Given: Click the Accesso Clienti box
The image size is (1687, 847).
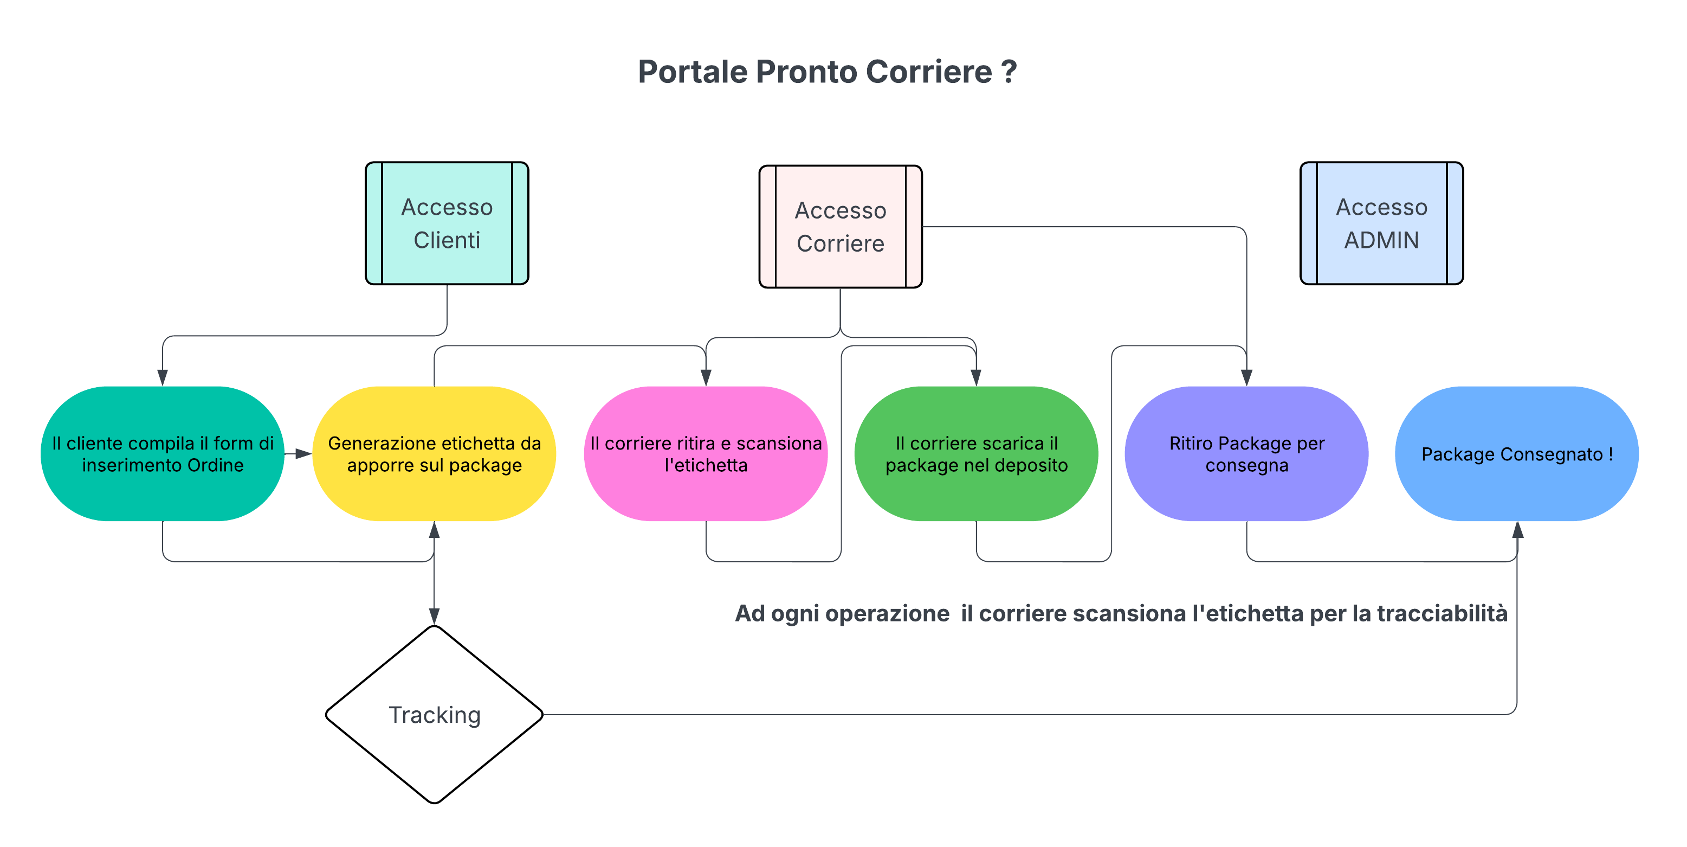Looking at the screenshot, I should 447,223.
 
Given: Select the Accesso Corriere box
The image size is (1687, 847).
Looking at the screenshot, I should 840,227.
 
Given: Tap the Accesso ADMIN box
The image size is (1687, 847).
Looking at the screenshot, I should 1381,223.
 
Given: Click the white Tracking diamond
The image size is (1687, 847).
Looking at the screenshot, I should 434,714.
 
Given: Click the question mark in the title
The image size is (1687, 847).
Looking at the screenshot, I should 1009,72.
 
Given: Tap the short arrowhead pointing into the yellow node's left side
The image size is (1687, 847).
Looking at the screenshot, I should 304,453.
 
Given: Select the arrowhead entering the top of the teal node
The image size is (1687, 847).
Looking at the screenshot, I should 163,377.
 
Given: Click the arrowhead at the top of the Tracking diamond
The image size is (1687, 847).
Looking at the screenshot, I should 434,616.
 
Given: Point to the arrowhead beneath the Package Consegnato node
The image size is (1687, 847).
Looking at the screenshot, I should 1517,530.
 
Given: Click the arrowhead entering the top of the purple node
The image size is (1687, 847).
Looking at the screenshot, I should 1246,377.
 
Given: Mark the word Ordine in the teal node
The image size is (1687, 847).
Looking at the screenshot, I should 216,465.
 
